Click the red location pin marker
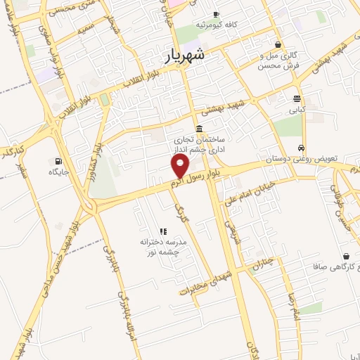pos(181,166)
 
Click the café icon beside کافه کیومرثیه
pos(216,14)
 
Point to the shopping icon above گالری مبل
pos(278,44)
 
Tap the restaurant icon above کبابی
pos(297,98)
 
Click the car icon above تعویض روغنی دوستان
pos(302,148)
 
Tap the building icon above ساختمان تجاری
pos(200,129)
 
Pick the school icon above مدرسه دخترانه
pos(164,231)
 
